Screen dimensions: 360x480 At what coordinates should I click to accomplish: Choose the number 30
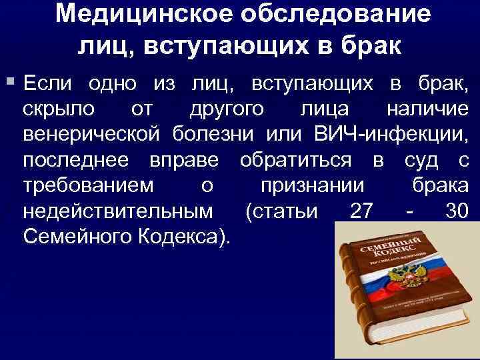click(x=456, y=212)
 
